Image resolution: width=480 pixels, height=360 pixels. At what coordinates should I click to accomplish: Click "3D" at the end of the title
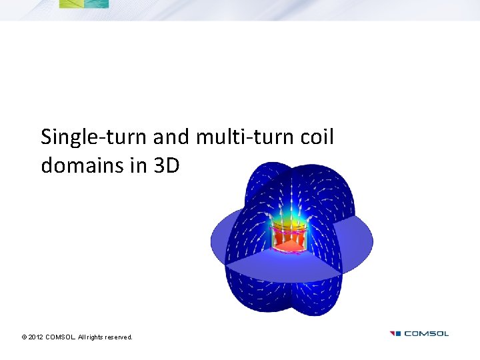tap(167, 165)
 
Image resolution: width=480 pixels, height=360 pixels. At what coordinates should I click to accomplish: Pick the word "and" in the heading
tap(171, 137)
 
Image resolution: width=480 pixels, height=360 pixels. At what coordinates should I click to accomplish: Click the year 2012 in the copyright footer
tap(36, 337)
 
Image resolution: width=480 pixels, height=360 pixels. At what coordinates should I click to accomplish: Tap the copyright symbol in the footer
tap(24, 337)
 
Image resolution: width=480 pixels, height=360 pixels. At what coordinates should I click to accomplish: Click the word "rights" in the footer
tap(95, 337)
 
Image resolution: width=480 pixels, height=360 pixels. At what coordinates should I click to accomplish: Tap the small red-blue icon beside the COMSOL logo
tap(395, 333)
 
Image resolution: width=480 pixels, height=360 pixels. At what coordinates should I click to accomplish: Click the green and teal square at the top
tap(83, 3)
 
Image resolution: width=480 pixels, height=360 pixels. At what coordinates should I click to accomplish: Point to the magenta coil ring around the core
tap(287, 233)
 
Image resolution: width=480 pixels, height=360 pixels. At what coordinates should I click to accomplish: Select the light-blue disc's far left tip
tap(213, 238)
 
